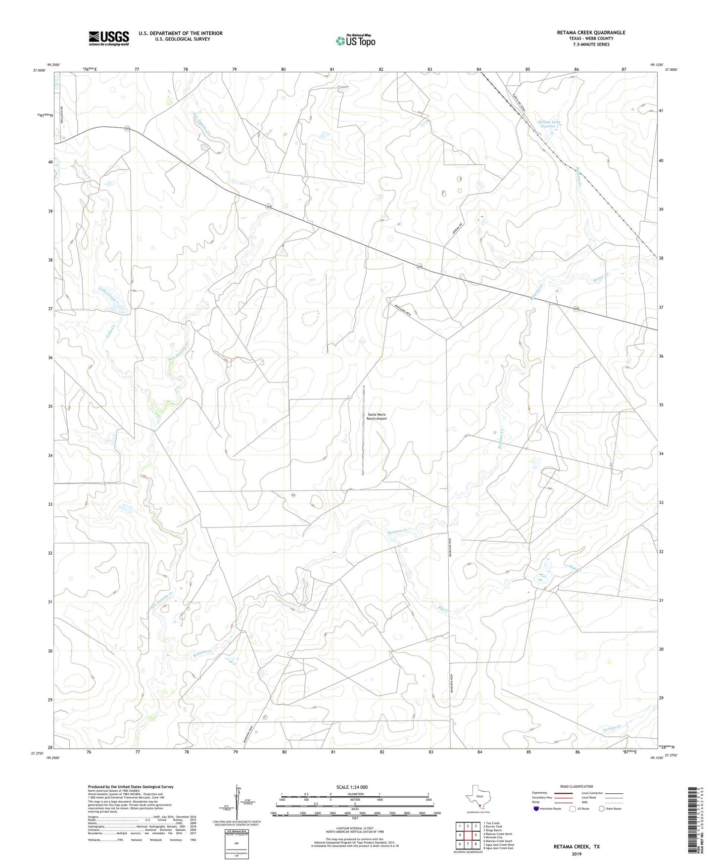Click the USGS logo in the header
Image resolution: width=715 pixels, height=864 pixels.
tap(109, 38)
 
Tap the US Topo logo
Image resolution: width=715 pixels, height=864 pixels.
tap(355, 41)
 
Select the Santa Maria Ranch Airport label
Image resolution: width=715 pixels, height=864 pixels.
tap(376, 416)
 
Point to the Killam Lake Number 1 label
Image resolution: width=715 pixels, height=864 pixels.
tap(549, 124)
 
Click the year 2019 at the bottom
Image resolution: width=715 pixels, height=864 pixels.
tap(576, 854)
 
